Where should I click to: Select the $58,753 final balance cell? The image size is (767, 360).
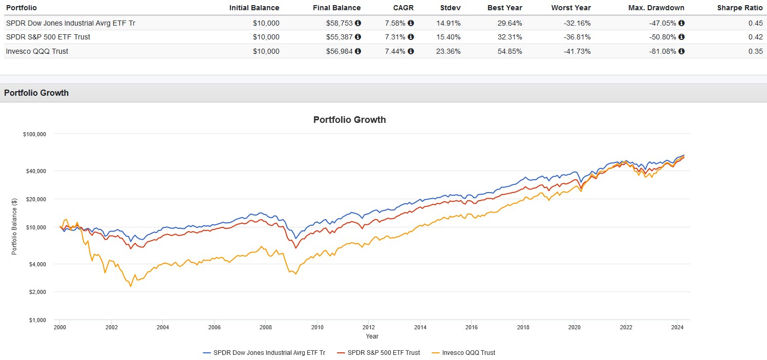click(x=339, y=23)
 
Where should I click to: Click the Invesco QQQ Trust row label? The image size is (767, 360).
click(x=37, y=51)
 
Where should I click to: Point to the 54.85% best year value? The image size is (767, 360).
click(x=509, y=51)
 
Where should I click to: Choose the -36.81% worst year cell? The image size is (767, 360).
click(x=577, y=37)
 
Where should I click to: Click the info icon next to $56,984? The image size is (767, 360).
click(x=358, y=51)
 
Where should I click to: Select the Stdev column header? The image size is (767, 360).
click(x=450, y=8)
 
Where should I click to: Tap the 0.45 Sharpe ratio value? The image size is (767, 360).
click(x=756, y=23)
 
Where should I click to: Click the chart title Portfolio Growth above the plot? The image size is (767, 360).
click(x=349, y=120)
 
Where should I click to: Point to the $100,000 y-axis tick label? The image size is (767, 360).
click(x=34, y=134)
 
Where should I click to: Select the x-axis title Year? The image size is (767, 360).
click(x=372, y=336)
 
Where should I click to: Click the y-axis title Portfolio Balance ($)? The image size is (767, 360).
click(x=14, y=227)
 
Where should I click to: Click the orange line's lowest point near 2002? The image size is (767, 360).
click(x=131, y=286)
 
